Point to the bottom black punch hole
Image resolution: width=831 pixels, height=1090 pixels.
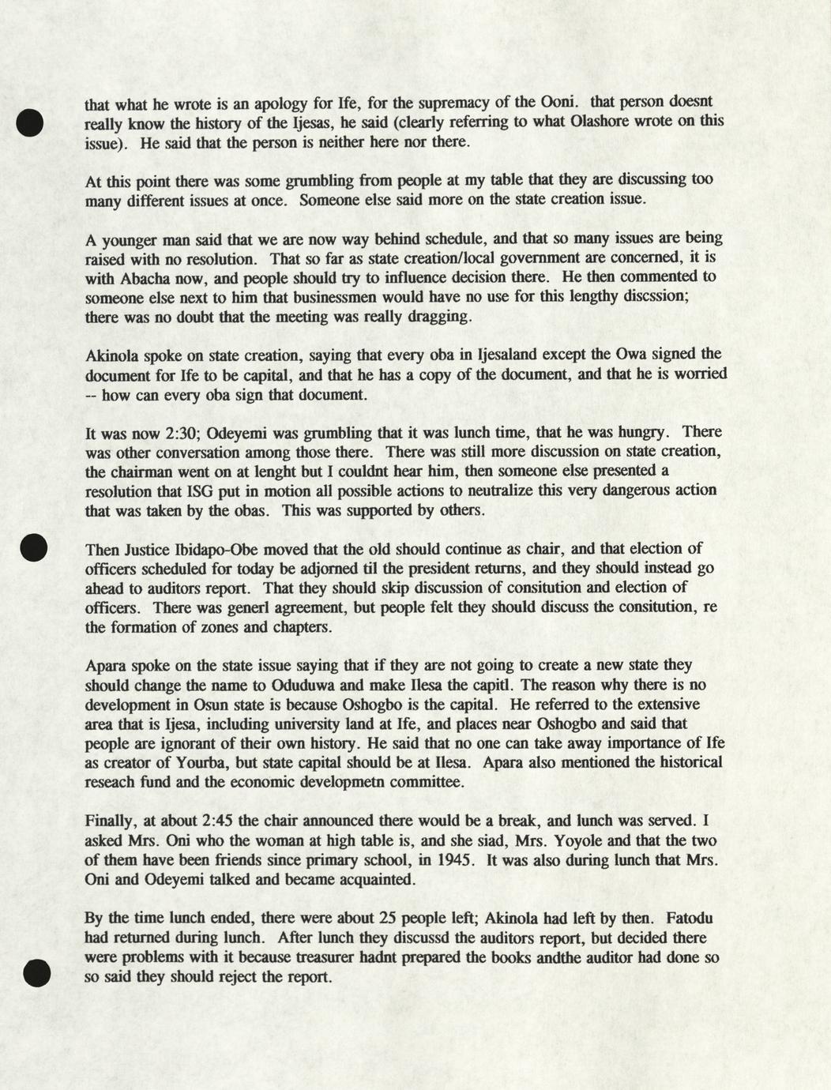(x=36, y=972)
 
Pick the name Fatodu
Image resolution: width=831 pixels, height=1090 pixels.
(x=690, y=918)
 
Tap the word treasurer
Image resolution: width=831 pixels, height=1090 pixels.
(x=325, y=957)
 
